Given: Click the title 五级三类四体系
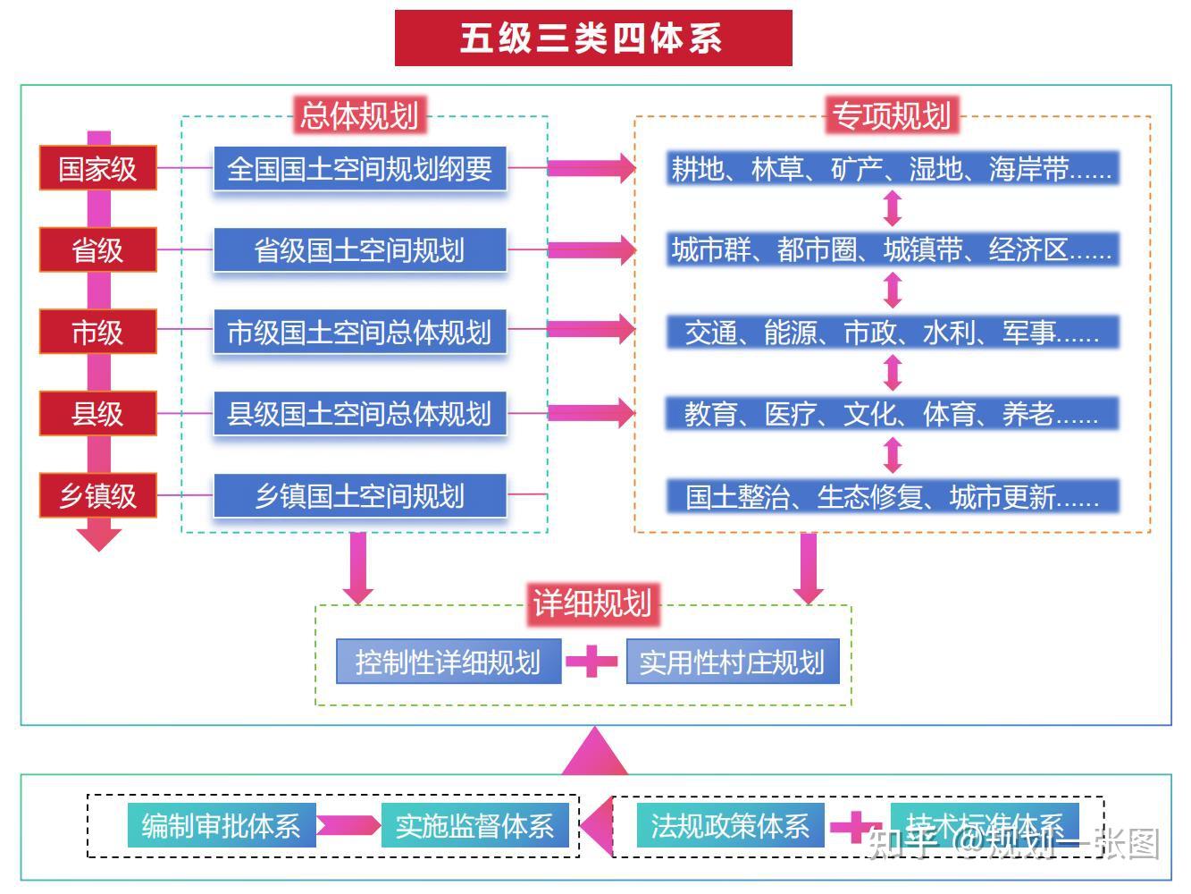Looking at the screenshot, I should (x=593, y=38).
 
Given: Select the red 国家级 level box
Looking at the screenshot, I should (x=97, y=168).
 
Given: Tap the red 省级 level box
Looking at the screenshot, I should (x=97, y=249).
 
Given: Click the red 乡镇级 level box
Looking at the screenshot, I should (x=97, y=495).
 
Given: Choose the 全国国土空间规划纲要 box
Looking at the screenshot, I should (x=359, y=168).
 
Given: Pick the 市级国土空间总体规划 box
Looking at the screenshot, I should (x=359, y=332).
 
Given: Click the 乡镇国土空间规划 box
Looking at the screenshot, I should (x=359, y=495).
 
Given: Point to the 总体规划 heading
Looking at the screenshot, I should (x=359, y=115).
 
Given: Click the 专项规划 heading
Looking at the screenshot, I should (x=891, y=115).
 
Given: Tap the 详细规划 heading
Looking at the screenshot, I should (x=591, y=603).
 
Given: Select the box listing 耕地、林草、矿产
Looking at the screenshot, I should (x=892, y=168).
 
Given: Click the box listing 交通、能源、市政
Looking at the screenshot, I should (x=892, y=332).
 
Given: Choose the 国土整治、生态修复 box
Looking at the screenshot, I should (x=892, y=496).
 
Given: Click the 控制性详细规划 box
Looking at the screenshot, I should (x=449, y=662).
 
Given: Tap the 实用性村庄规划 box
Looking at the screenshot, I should (x=733, y=662).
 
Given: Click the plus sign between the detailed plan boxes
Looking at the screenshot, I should (x=591, y=662).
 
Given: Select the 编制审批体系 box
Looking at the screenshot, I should (x=221, y=825).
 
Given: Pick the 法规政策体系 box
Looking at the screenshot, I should (x=730, y=825).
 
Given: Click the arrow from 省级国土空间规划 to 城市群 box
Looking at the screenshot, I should (x=591, y=249).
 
